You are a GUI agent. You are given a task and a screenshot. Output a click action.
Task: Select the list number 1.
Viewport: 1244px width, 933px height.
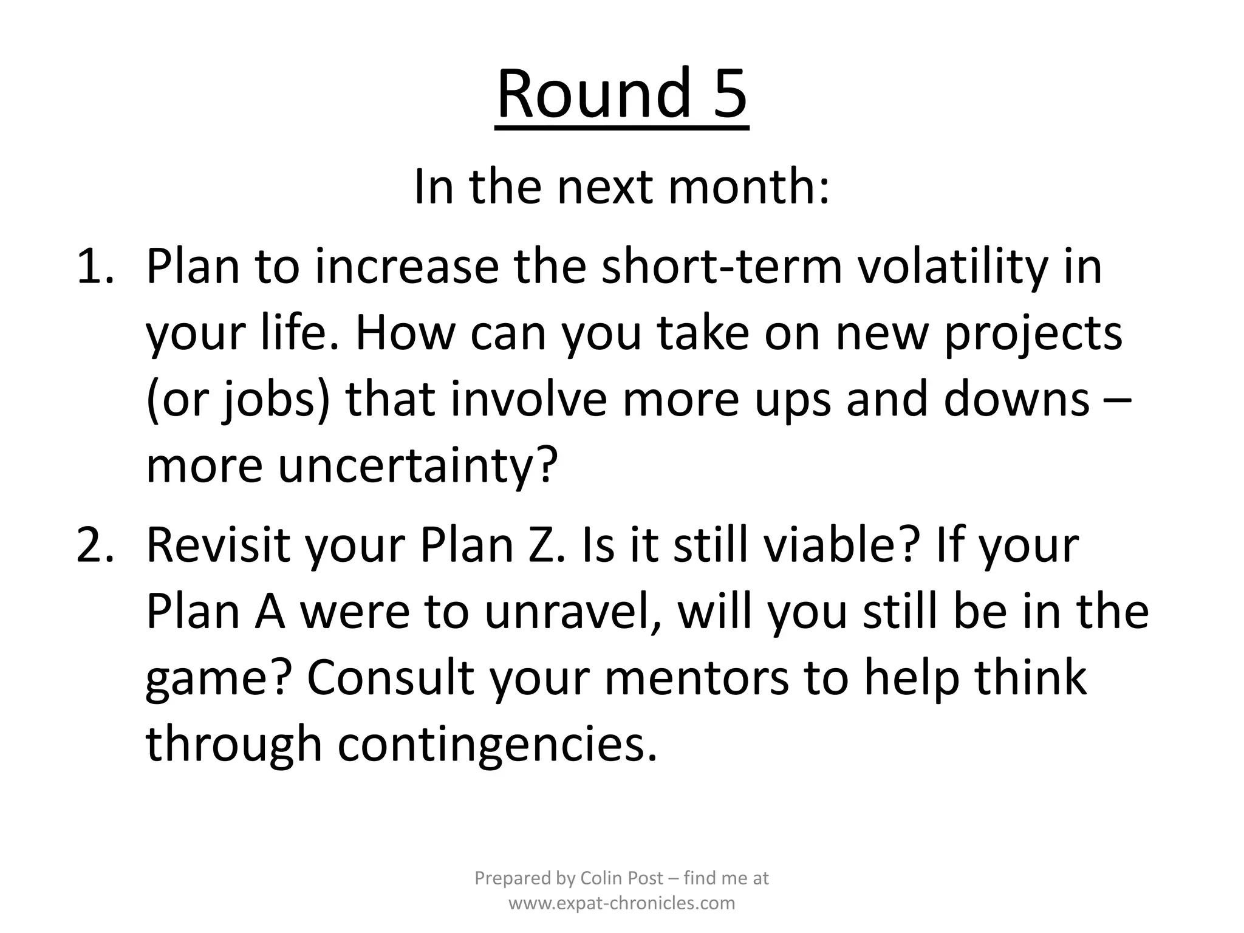[95, 267]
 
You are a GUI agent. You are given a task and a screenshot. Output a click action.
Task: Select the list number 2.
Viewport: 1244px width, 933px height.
[95, 545]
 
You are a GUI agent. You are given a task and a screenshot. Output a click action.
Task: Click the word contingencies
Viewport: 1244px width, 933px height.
[498, 745]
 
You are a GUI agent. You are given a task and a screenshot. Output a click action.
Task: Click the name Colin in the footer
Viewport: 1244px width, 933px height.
[601, 878]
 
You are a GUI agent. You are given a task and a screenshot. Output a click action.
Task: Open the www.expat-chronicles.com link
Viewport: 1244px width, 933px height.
[621, 903]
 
